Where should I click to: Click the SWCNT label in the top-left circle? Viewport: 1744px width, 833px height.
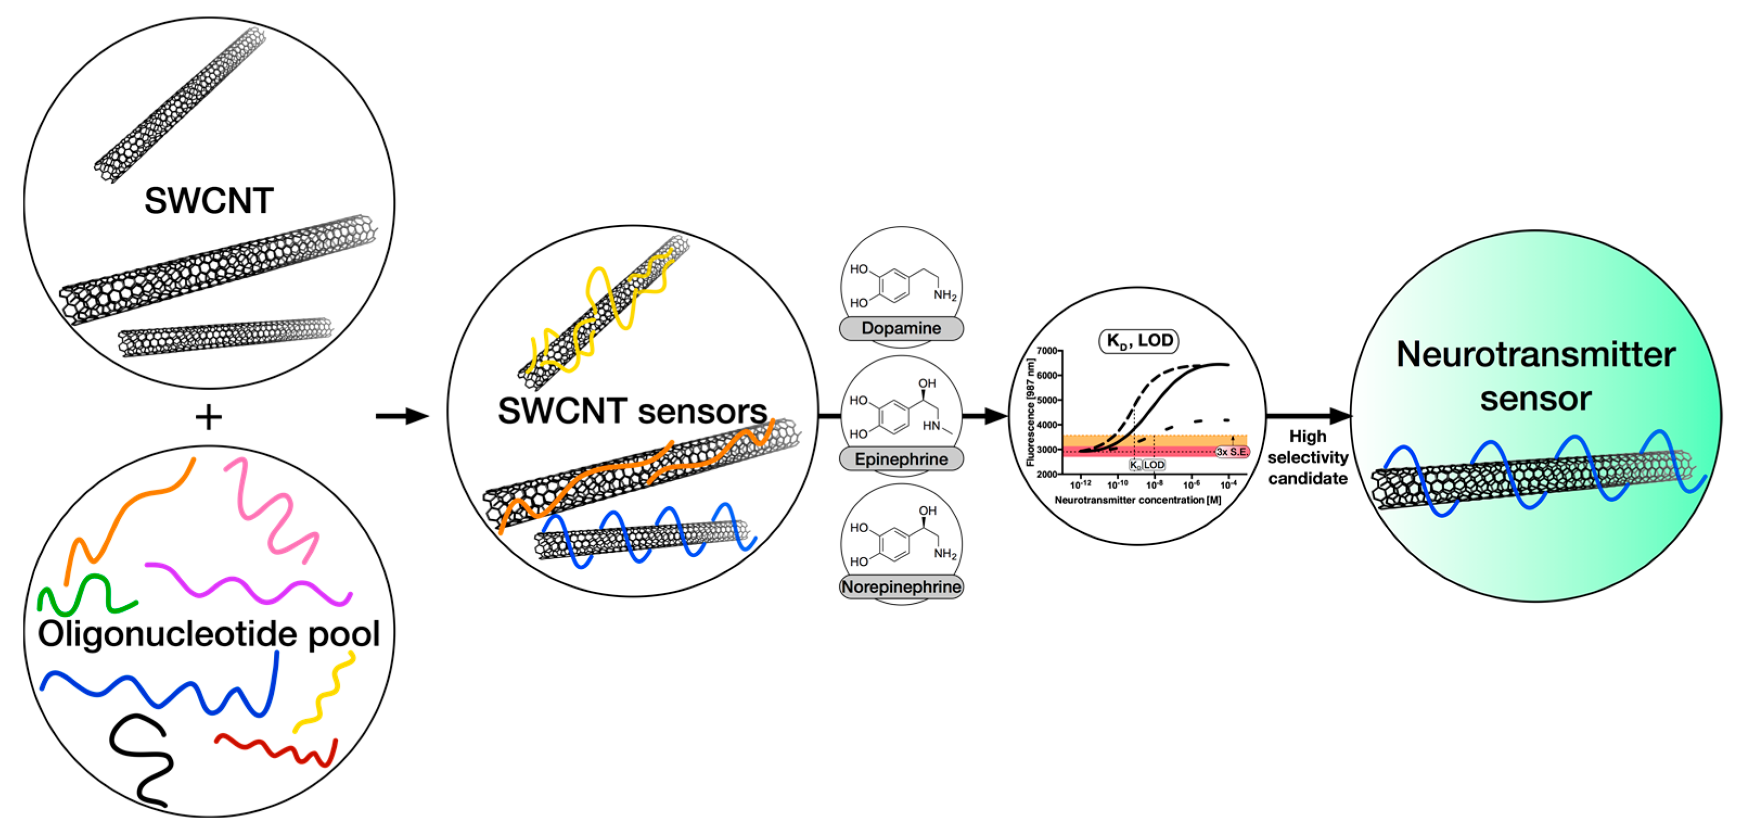pos(209,201)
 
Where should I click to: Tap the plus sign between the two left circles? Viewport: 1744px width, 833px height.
pos(209,417)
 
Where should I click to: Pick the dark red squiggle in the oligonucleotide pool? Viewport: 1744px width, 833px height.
pos(278,748)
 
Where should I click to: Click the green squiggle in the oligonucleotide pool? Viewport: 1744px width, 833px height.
pos(87,593)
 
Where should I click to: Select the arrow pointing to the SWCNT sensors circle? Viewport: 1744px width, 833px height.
pos(402,416)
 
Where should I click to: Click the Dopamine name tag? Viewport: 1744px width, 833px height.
pos(900,328)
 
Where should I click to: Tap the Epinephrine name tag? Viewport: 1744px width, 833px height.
pos(900,459)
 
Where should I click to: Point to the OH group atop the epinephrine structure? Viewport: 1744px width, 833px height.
pos(927,383)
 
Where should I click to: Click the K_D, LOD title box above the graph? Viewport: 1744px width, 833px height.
pos(1138,340)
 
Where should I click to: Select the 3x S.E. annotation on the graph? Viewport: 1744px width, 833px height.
pos(1232,451)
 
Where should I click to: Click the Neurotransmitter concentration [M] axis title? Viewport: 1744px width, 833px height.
pos(1137,500)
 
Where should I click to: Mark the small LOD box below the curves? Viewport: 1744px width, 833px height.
pos(1154,465)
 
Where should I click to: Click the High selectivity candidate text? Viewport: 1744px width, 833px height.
pos(1308,457)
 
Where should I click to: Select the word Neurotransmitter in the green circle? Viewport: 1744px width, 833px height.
pos(1535,354)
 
